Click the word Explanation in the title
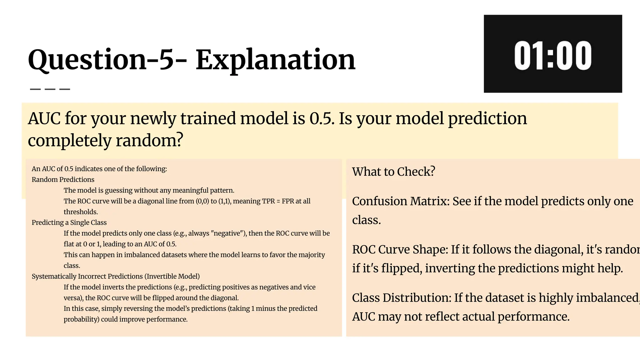[x=275, y=60]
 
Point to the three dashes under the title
[x=50, y=89]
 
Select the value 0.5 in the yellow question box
[x=322, y=119]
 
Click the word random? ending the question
[x=149, y=141]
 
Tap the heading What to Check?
[x=393, y=172]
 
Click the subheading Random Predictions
[x=63, y=180]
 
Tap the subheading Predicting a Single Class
[x=69, y=222]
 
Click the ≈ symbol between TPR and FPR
[x=278, y=201]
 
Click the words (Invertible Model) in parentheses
[x=173, y=276]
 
